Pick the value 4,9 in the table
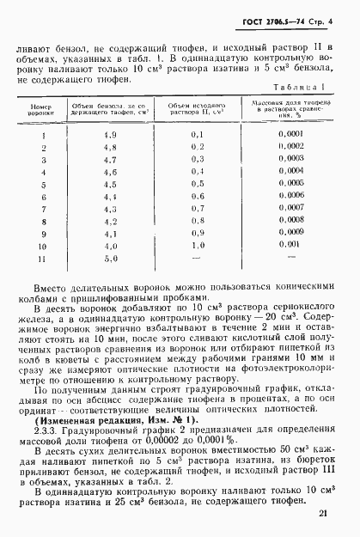pyautogui.click(x=109, y=135)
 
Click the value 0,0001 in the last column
pyautogui.click(x=291, y=135)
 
